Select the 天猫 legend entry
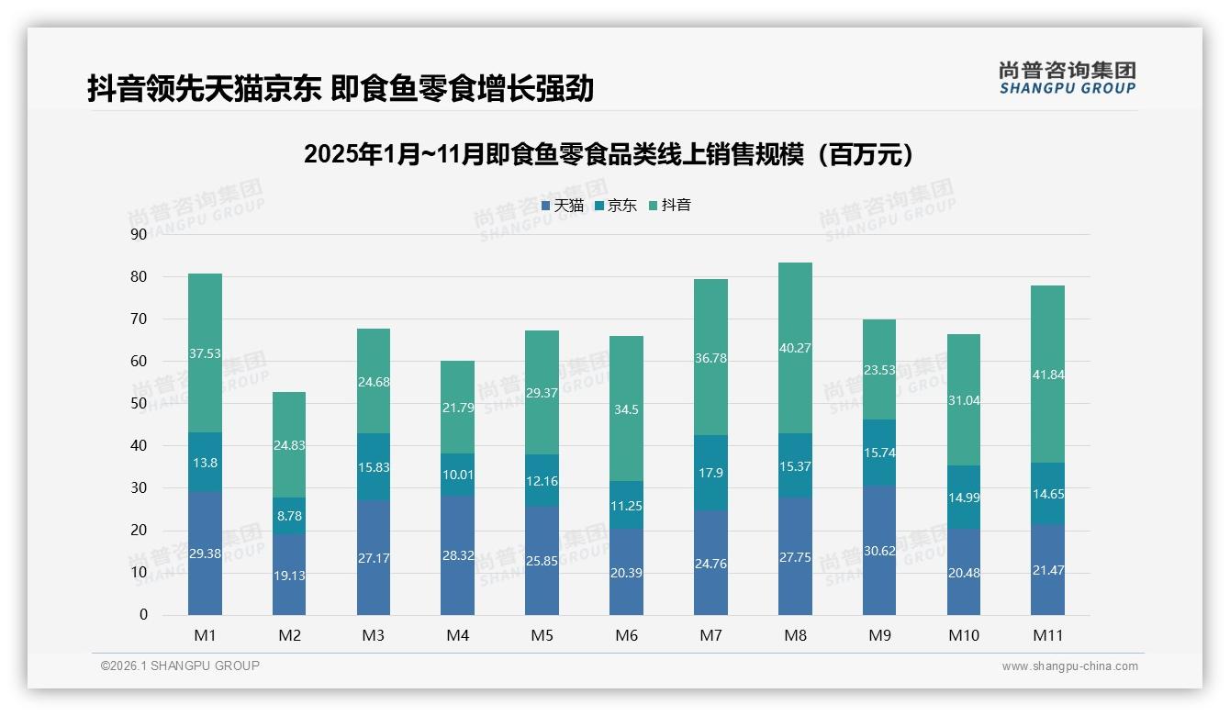pos(562,206)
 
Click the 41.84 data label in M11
pos(1047,375)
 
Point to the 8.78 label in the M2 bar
pos(289,516)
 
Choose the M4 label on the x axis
pos(457,635)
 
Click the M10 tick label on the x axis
pos(963,635)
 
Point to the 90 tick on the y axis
pos(139,234)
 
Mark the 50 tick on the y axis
pos(139,403)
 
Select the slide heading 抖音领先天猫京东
pos(341,88)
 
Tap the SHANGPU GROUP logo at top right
pos(1067,78)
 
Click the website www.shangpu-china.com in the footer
pos(1069,666)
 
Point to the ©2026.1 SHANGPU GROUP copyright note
pos(180,666)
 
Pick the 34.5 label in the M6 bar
pos(626,409)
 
